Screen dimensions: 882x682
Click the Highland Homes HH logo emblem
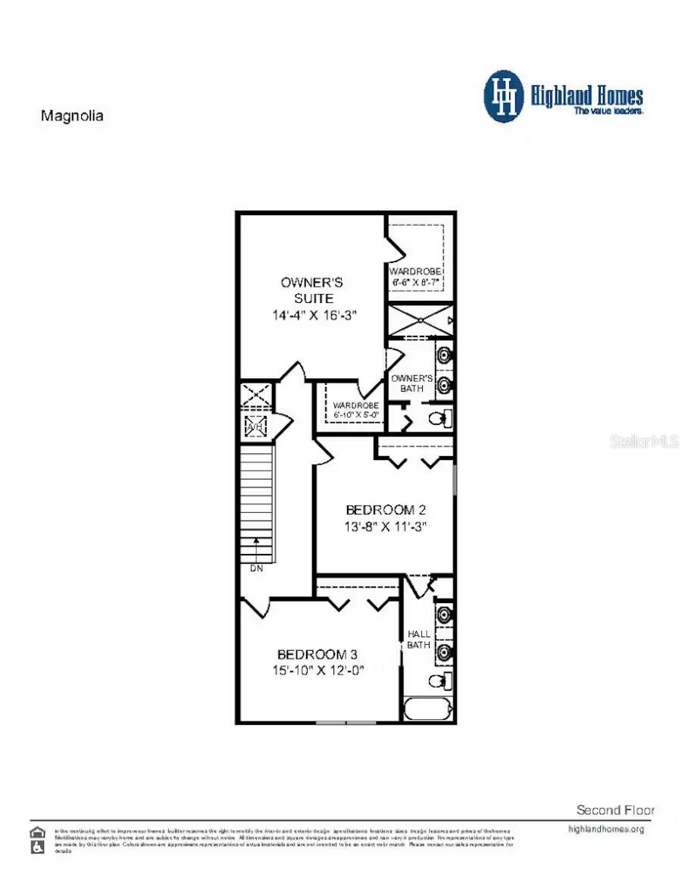coord(504,96)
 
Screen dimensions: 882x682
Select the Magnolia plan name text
coord(71,116)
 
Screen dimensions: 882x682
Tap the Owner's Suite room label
coord(311,289)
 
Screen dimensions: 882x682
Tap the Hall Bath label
coord(418,639)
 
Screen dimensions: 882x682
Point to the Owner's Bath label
coord(411,383)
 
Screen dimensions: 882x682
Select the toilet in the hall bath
coord(439,680)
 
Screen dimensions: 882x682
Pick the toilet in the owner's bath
coord(440,418)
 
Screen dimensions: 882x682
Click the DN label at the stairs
coord(256,568)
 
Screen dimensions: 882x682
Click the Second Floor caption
coord(615,810)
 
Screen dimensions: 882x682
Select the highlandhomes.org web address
coord(605,829)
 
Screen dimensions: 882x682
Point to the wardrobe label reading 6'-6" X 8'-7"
coord(415,277)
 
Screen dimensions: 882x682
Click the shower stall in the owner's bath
coord(421,320)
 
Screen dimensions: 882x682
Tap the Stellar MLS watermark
coord(644,440)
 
